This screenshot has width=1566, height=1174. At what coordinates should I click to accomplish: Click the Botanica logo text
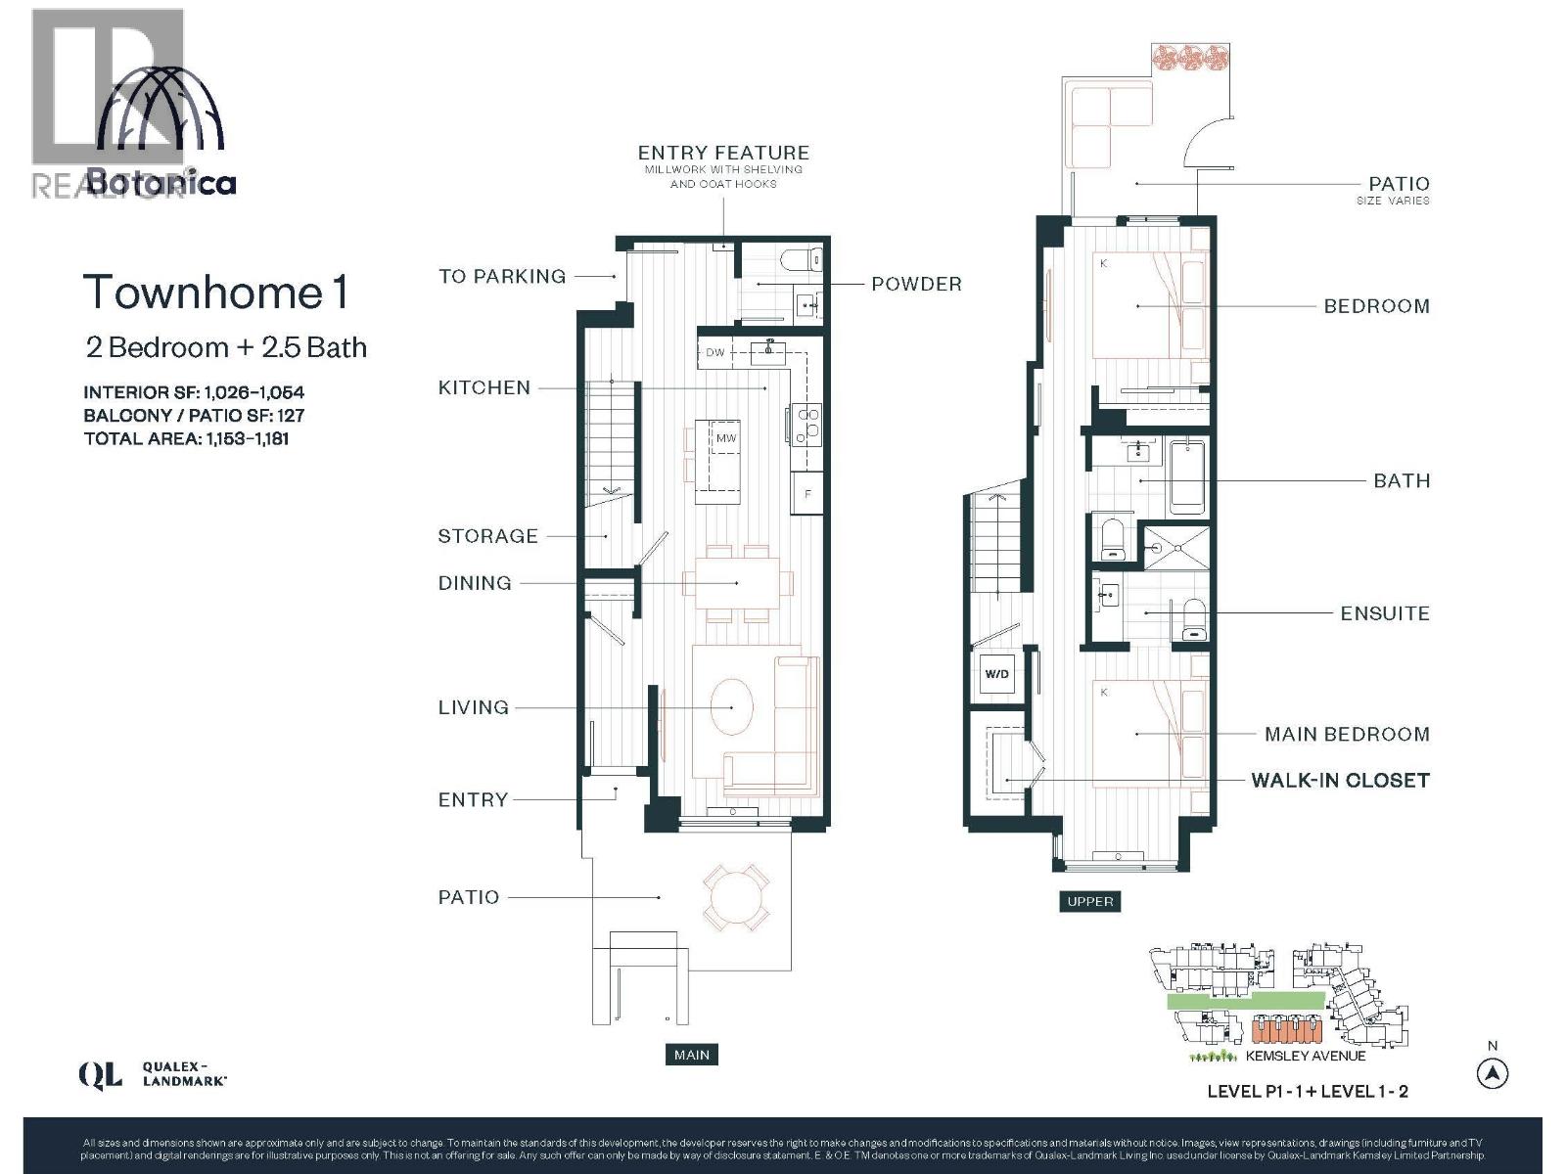pyautogui.click(x=161, y=183)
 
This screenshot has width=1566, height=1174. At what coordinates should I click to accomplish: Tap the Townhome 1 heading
pyautogui.click(x=216, y=293)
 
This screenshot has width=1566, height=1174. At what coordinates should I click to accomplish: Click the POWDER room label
pyautogui.click(x=916, y=284)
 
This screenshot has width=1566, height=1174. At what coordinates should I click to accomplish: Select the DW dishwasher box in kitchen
pyautogui.click(x=715, y=352)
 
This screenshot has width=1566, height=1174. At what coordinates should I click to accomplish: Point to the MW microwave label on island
pyautogui.click(x=726, y=438)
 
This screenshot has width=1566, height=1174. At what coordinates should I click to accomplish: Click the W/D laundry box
pyautogui.click(x=996, y=674)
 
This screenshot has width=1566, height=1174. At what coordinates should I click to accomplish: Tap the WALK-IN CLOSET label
pyautogui.click(x=1340, y=780)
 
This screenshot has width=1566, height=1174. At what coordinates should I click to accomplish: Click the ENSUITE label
pyautogui.click(x=1384, y=613)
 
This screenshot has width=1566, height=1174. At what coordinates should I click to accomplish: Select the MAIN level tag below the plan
pyautogui.click(x=691, y=1055)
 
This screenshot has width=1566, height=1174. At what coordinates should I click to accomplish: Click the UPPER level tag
pyautogui.click(x=1089, y=901)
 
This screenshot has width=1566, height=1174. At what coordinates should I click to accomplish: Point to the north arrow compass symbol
pyautogui.click(x=1492, y=1074)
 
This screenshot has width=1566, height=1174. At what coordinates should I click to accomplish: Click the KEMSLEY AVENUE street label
pyautogui.click(x=1305, y=1056)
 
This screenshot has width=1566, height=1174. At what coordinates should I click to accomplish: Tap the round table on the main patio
pyautogui.click(x=733, y=897)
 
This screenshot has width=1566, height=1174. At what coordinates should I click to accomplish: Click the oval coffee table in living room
pyautogui.click(x=732, y=706)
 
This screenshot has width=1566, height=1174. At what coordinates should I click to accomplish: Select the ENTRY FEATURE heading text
pyautogui.click(x=723, y=153)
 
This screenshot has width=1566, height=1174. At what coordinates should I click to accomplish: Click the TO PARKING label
pyautogui.click(x=502, y=276)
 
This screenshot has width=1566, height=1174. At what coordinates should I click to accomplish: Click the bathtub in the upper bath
pyautogui.click(x=1187, y=477)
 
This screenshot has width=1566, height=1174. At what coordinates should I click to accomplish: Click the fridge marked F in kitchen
pyautogui.click(x=807, y=494)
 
